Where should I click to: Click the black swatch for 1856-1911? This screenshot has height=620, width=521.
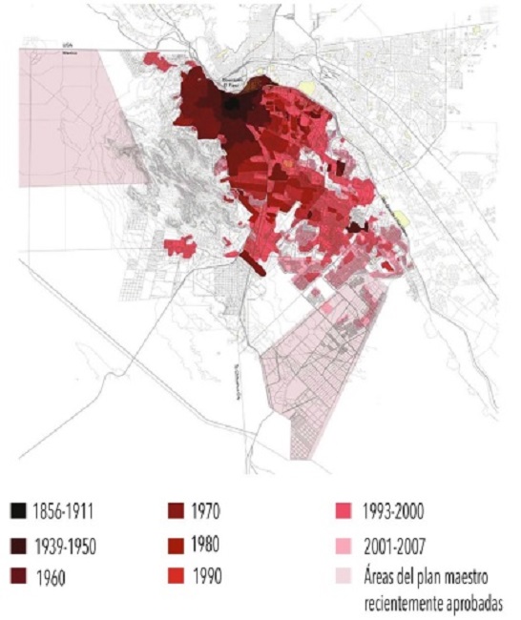20,514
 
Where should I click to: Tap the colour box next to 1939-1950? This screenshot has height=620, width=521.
20,547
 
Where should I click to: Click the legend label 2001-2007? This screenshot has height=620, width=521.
393,547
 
